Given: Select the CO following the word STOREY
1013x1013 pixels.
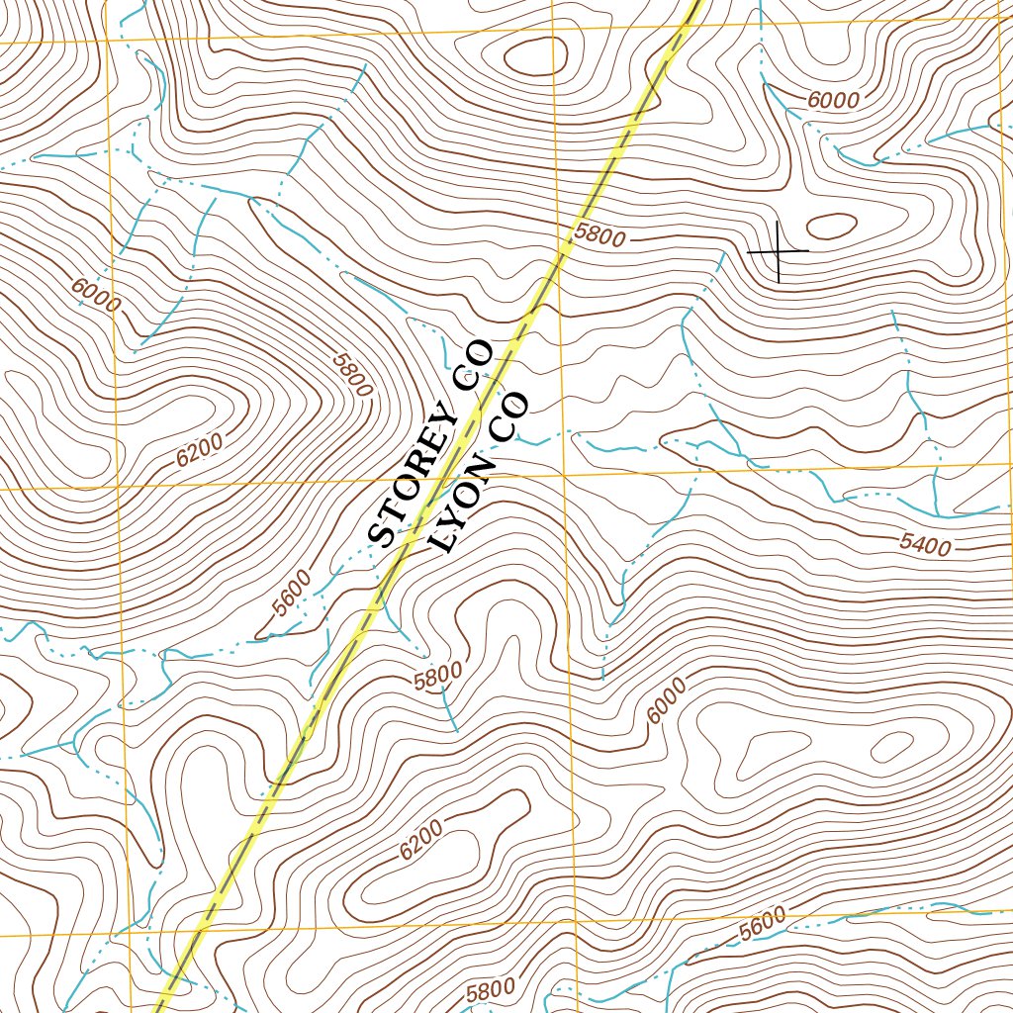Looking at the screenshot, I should [471, 364].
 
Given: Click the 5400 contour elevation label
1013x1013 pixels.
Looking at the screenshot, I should [925, 543].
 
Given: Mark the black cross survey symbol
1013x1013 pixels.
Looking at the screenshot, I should [779, 251].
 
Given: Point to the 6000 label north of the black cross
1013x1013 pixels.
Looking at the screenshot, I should [833, 100].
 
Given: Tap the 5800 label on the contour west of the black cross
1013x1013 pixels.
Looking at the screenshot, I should [599, 236].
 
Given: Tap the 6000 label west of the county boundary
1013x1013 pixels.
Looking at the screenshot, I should [96, 295].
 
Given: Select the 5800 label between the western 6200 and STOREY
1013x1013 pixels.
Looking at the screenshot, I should [353, 375].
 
